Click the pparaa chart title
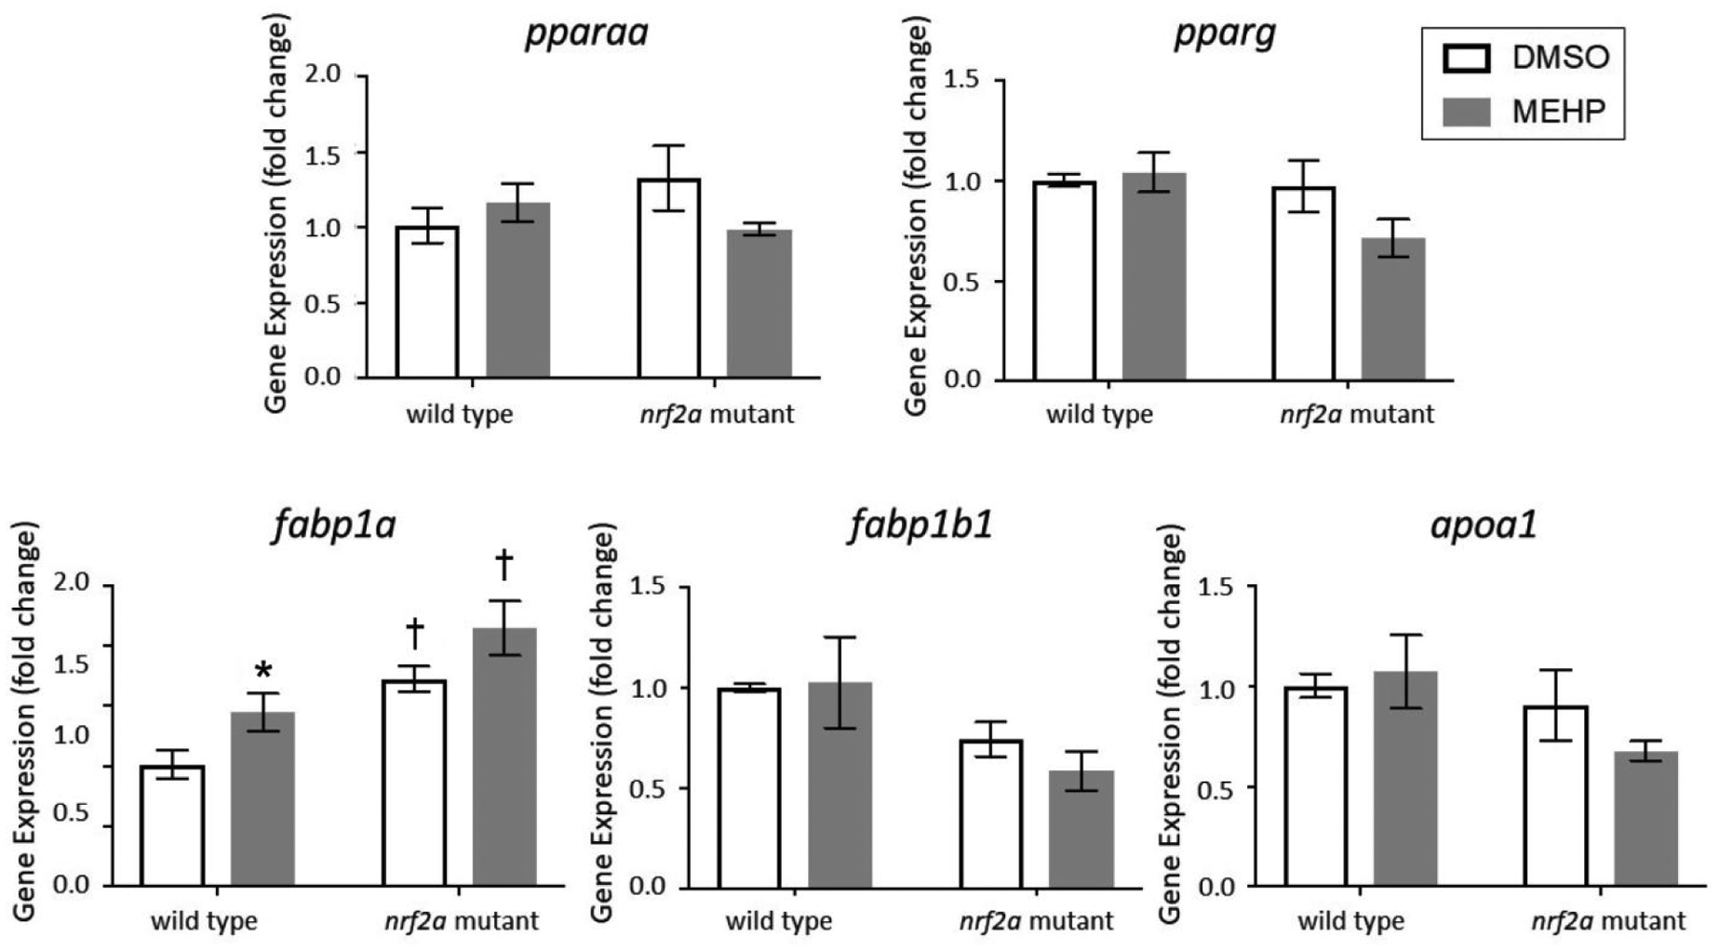pos(586,32)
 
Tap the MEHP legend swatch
pos(1466,112)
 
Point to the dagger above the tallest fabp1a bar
pos(504,565)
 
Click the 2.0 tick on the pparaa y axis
pos(323,75)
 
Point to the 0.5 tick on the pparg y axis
pos(962,282)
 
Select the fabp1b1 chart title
pos(919,526)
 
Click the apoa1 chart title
pos(1483,526)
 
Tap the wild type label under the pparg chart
pos(1099,415)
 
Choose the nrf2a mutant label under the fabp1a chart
pos(462,921)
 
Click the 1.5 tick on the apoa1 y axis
pos(1215,587)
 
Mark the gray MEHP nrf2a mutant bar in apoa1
pos(1645,818)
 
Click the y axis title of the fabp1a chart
pos(25,722)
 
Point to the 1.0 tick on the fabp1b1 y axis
pos(647,688)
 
